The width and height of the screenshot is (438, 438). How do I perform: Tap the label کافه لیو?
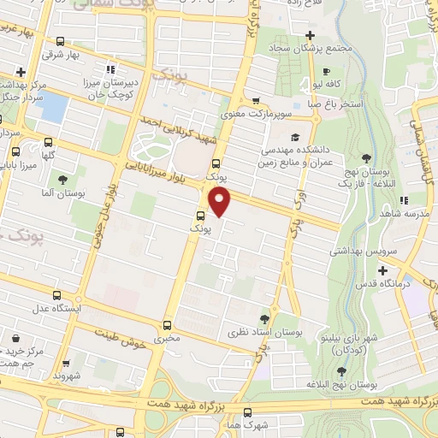[328, 86]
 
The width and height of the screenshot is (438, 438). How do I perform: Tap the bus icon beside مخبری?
[168, 324]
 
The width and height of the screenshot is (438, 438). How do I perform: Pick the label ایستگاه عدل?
[56, 308]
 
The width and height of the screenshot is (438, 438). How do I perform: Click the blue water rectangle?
[54, 108]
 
